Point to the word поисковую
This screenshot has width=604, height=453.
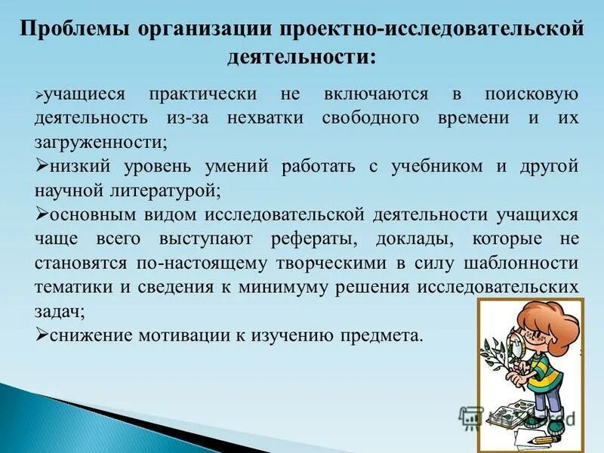[532, 95]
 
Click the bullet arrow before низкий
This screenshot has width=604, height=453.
[41, 166]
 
